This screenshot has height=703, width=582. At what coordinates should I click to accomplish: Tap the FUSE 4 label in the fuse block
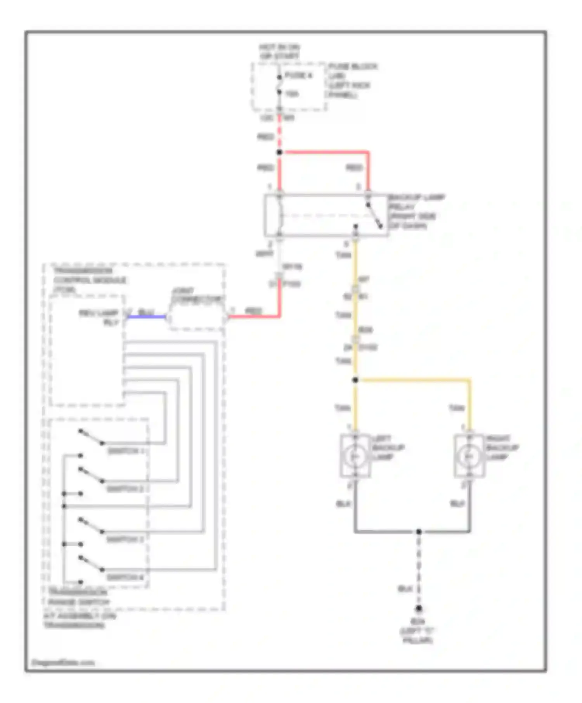[x=298, y=75]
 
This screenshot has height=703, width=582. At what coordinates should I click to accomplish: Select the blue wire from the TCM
[x=147, y=317]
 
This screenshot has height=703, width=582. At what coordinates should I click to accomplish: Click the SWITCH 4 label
[x=125, y=577]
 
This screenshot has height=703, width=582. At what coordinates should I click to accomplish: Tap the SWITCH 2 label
[x=125, y=489]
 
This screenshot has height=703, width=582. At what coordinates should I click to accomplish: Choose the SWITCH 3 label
[x=125, y=539]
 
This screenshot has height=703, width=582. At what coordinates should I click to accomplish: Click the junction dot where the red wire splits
[x=279, y=152]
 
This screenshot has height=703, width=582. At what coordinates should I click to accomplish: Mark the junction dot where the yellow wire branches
[x=355, y=380]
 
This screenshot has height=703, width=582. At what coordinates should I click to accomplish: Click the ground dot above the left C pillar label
[x=419, y=608]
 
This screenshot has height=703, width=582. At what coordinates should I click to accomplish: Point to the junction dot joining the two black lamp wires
[x=419, y=531]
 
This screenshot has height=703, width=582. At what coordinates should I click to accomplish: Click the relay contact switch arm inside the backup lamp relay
[x=374, y=215]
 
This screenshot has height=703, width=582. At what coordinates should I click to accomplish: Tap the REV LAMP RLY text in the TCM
[x=99, y=317]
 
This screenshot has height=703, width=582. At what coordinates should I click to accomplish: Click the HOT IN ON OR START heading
[x=279, y=51]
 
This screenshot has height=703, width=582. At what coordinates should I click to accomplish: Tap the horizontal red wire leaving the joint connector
[x=254, y=317]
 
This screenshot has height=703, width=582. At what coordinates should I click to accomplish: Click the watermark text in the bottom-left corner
[x=63, y=662]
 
